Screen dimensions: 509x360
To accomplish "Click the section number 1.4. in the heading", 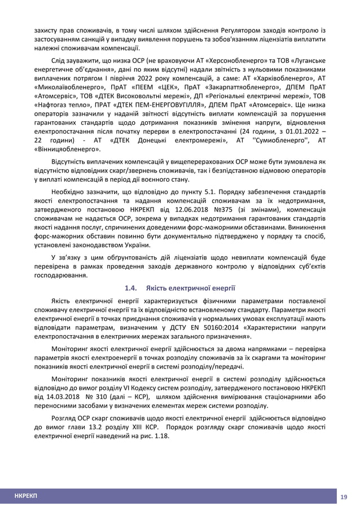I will click(x=131, y=288).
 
